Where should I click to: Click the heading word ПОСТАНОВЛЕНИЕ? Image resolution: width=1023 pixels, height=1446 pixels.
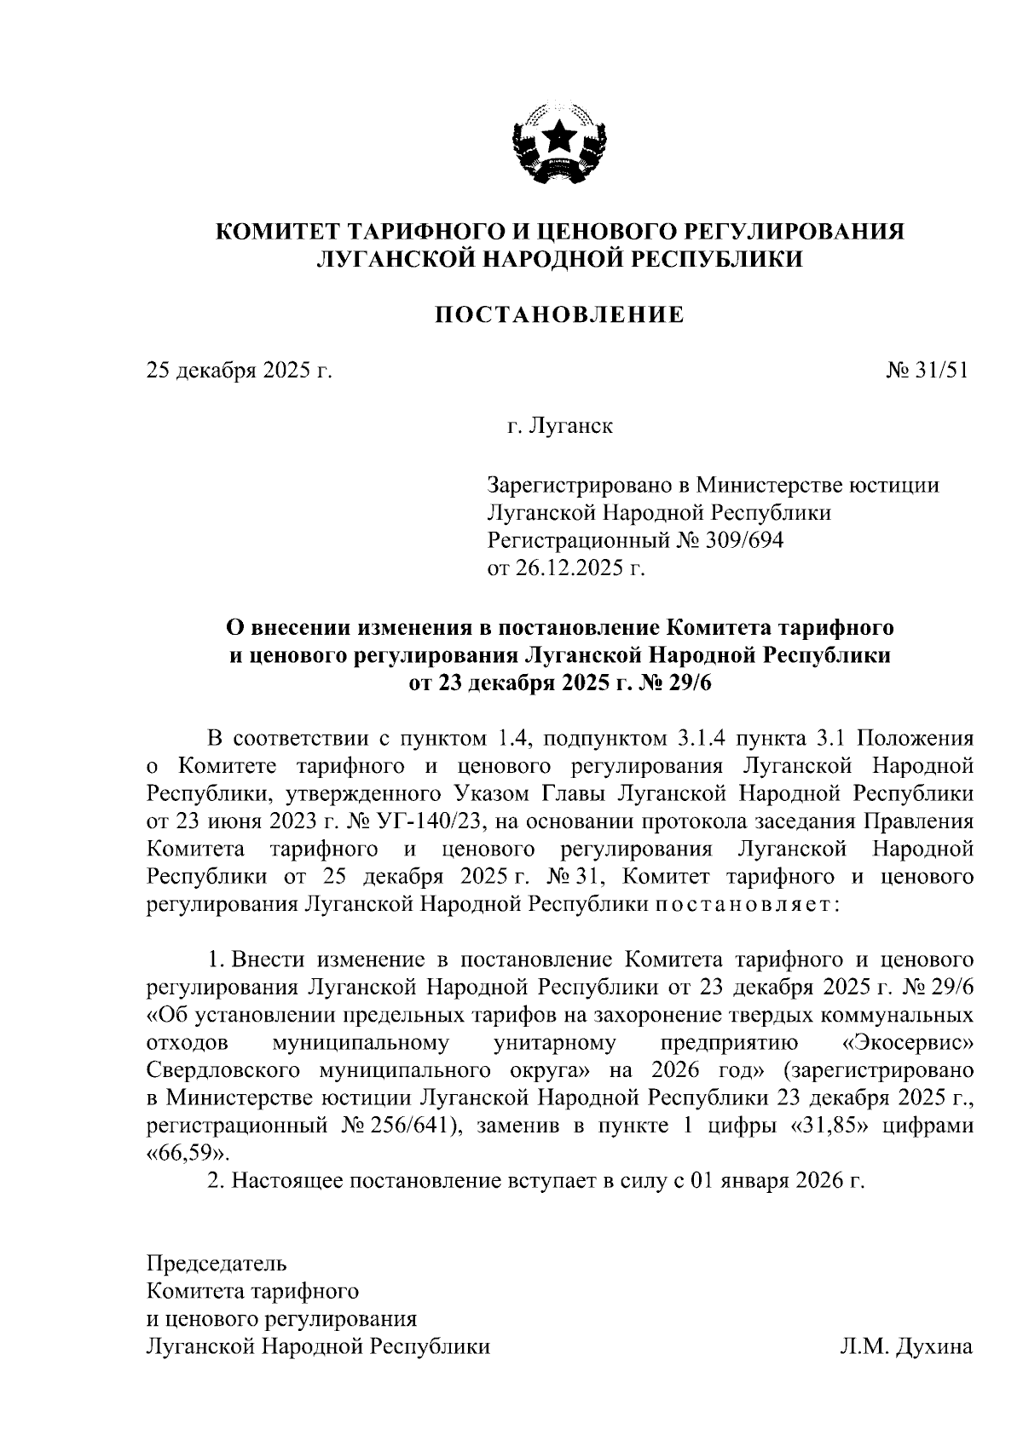click(x=560, y=316)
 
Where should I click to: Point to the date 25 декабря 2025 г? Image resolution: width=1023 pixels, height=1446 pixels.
click(x=238, y=371)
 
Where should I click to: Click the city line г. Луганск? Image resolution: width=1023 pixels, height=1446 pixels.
click(x=560, y=425)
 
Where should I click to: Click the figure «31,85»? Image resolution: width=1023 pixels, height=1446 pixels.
click(x=824, y=1125)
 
